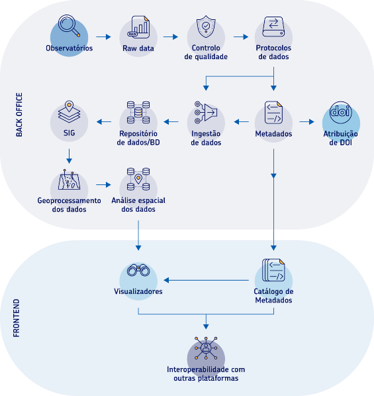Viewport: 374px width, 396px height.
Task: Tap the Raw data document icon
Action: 138,27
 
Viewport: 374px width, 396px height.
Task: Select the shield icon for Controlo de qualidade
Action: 206,27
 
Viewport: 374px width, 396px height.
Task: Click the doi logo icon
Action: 340,112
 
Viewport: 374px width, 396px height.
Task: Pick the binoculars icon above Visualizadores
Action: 138,270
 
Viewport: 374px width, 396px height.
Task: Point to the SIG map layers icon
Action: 69,112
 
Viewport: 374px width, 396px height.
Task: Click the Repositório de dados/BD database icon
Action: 138,112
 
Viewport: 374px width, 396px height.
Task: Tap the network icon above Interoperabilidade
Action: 206,348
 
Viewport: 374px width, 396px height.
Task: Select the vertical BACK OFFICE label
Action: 19,115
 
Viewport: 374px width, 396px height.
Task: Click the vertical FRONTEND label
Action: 16,318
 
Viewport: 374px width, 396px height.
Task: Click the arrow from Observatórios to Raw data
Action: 103,37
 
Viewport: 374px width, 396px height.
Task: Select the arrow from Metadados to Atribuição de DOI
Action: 306,122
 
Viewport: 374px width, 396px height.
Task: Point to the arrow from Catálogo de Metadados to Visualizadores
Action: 206,280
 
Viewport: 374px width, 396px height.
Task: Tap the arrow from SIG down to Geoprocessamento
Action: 69,156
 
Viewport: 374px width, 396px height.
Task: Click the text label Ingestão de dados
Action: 206,138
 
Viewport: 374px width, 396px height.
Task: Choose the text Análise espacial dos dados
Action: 138,204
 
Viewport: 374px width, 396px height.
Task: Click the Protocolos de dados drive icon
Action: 273,27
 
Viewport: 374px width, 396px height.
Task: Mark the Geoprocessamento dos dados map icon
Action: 69,180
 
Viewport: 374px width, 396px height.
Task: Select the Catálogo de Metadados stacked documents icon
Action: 273,270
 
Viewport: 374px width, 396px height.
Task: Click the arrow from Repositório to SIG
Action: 104,122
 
